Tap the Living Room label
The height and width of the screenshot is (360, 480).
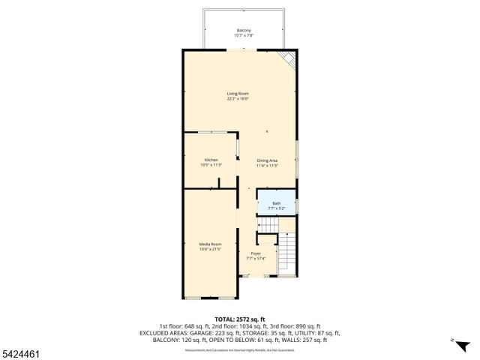(238, 93)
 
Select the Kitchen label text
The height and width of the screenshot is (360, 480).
(211, 160)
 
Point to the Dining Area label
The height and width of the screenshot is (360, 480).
(267, 160)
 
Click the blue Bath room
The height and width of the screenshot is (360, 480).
(277, 205)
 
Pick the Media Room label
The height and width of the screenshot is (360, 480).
(210, 244)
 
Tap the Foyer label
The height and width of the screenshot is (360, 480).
(256, 253)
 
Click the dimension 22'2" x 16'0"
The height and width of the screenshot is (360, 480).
(238, 98)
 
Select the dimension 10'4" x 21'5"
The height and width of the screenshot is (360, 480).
(210, 249)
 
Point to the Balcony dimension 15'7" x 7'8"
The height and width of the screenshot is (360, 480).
(244, 36)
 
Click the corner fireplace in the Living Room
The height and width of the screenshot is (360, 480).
(287, 59)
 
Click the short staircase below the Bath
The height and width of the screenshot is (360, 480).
(268, 226)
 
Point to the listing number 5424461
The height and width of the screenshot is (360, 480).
(22, 352)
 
